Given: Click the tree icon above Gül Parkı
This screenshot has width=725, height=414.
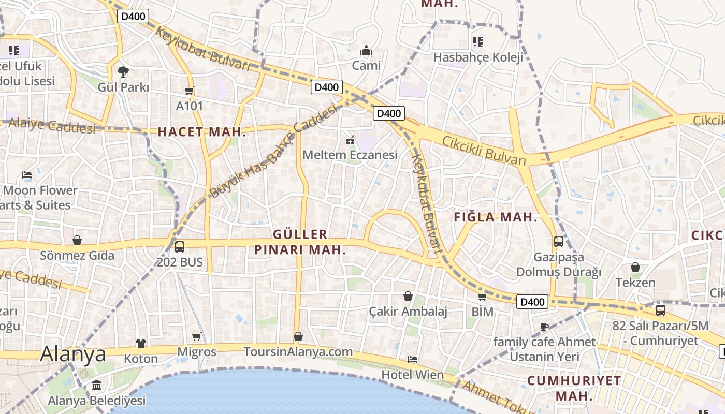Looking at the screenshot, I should pyautogui.click(x=123, y=71).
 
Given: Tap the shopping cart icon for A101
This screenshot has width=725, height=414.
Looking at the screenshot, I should pyautogui.click(x=189, y=91).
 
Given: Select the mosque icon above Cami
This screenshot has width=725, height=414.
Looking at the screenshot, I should pyautogui.click(x=366, y=51).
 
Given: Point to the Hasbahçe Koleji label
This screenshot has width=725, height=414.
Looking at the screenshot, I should pyautogui.click(x=478, y=57).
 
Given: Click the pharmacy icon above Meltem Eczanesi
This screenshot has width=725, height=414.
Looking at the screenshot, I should pyautogui.click(x=350, y=140).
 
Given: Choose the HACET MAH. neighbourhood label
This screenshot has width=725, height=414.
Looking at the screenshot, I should pyautogui.click(x=201, y=132).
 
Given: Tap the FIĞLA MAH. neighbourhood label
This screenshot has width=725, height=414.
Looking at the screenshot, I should pyautogui.click(x=496, y=217).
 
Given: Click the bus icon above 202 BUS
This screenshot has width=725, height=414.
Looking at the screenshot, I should pyautogui.click(x=180, y=247).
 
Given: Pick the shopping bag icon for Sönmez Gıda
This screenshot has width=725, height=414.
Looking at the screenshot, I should pyautogui.click(x=77, y=240).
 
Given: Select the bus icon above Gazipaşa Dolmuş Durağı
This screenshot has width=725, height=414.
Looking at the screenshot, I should pyautogui.click(x=559, y=241).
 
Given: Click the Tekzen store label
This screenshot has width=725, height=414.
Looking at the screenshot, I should pyautogui.click(x=635, y=283).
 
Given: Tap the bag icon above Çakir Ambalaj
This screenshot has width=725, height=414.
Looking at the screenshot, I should pyautogui.click(x=408, y=296).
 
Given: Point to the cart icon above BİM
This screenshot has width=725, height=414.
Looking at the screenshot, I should pyautogui.click(x=482, y=297).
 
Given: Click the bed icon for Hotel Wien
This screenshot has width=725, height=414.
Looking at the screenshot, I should pyautogui.click(x=413, y=359).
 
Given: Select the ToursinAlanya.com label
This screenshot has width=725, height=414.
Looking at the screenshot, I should pyautogui.click(x=298, y=352).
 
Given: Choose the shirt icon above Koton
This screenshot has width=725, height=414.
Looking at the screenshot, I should pyautogui.click(x=141, y=343).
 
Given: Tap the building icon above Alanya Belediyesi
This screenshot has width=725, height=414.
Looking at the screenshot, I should pyautogui.click(x=97, y=386).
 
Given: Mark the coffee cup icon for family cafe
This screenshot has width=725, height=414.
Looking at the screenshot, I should pyautogui.click(x=544, y=327).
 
